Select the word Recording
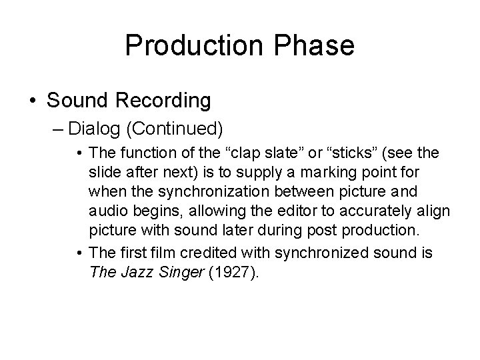(165, 101)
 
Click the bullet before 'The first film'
(79, 253)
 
